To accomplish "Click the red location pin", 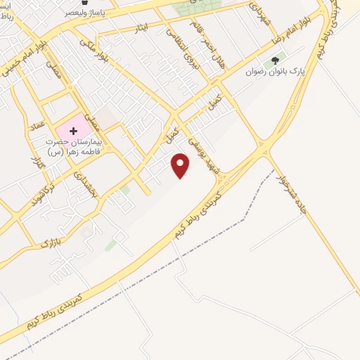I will [x=181, y=165].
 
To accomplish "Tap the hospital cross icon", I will [x=73, y=131].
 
